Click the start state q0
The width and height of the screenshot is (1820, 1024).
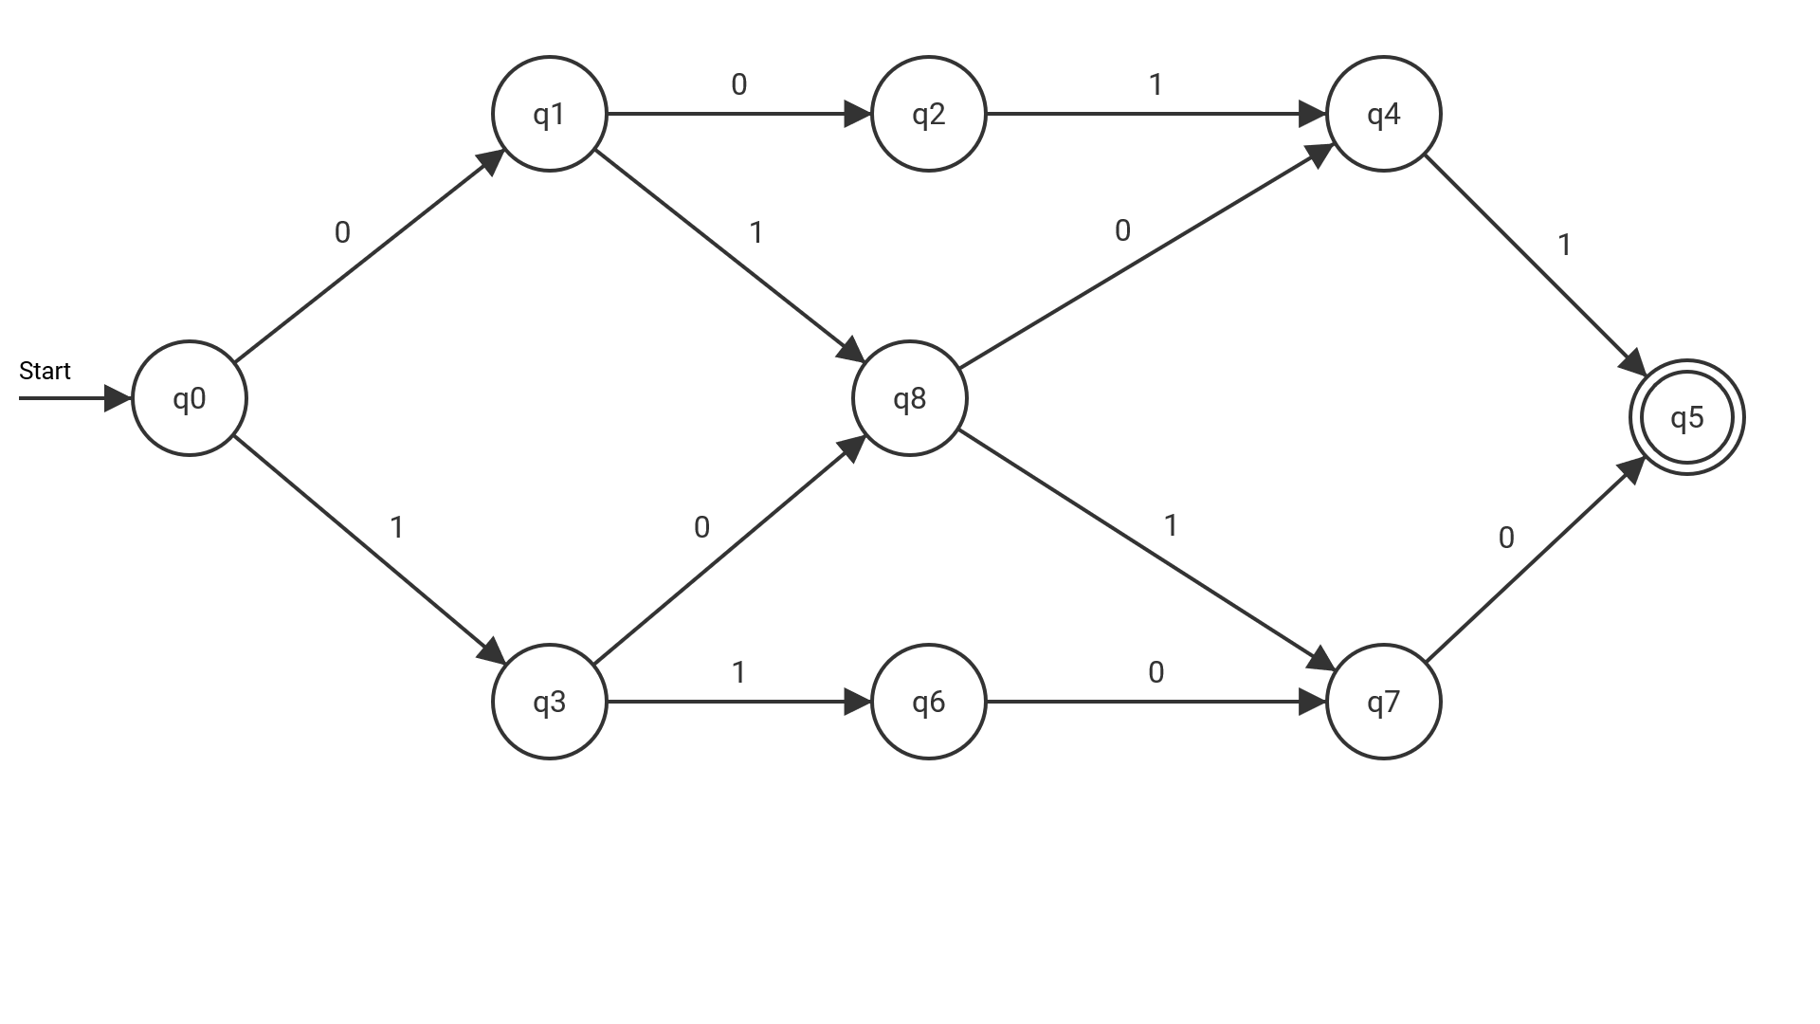[x=190, y=398]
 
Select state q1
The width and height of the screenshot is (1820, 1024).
[x=550, y=114]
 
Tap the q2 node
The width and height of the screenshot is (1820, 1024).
[x=929, y=114]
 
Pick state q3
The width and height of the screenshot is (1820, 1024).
[x=550, y=702]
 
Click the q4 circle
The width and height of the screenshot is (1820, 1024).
[x=1384, y=114]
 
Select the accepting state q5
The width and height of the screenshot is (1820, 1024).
[x=1687, y=417]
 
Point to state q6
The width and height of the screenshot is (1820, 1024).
[x=929, y=702]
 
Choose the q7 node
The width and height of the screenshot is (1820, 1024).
[x=1384, y=702]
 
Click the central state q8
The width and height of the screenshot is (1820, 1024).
[x=910, y=398]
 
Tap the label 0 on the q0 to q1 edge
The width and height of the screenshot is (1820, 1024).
[x=342, y=232]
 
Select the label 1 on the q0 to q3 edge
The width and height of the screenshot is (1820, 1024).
[x=397, y=527]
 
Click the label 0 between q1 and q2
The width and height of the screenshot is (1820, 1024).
[x=739, y=85]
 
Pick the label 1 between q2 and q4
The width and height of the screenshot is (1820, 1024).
[x=1156, y=85]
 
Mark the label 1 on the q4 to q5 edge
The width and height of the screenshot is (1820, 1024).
[x=1564, y=246]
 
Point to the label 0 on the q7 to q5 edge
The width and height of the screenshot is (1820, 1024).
[x=1506, y=539]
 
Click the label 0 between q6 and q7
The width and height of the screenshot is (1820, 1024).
[x=1156, y=673]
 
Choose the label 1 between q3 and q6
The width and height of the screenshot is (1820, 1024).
[x=738, y=673]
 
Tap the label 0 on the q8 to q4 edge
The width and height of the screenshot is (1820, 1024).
[x=1123, y=230]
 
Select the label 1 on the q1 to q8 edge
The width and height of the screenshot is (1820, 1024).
[x=755, y=232]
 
